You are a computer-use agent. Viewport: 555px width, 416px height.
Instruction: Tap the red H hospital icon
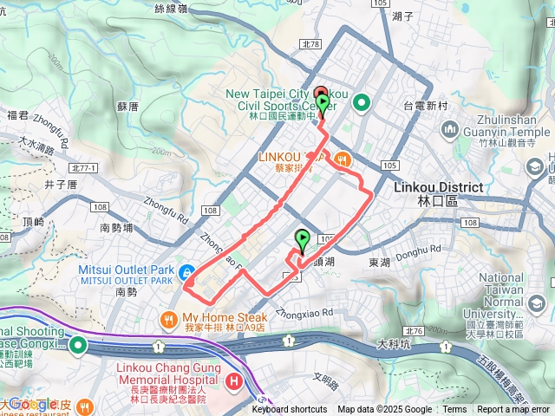[x=232, y=381]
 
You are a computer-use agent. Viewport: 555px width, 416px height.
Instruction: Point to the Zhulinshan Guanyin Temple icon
[x=449, y=129]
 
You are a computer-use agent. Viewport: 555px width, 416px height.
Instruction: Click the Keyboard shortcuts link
[x=290, y=410]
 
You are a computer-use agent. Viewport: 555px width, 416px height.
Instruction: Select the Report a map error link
[x=513, y=410]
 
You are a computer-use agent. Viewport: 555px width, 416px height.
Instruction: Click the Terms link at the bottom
[x=454, y=410]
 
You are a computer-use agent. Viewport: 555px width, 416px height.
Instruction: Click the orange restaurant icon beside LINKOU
[x=343, y=158]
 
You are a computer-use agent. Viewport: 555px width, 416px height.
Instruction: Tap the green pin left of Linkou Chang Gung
[x=77, y=346]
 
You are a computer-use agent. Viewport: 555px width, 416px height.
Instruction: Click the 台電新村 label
[x=424, y=105]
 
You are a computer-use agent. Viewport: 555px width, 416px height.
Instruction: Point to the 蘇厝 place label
[x=127, y=107]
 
